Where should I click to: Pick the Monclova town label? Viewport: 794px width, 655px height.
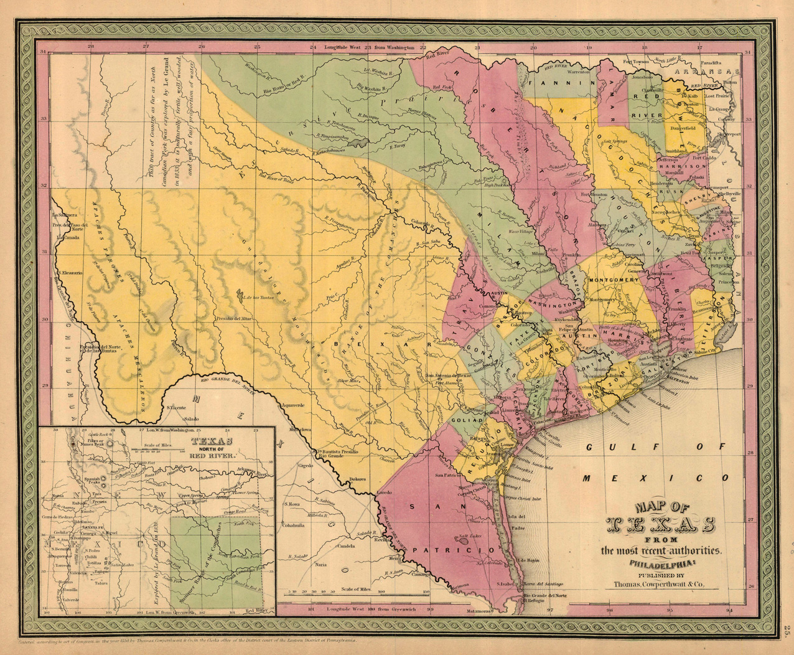301,430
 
